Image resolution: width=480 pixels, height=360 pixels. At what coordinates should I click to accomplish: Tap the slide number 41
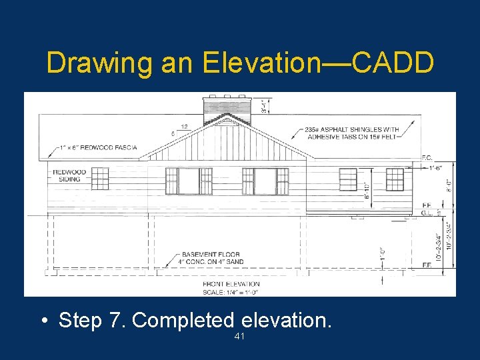(x=240, y=337)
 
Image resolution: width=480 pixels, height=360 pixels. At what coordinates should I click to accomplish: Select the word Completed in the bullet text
(x=184, y=320)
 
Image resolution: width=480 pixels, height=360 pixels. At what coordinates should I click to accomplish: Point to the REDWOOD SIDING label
(x=70, y=175)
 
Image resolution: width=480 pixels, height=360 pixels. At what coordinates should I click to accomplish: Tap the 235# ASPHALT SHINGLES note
(x=352, y=133)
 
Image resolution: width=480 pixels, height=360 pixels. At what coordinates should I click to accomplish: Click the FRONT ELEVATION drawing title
(x=231, y=285)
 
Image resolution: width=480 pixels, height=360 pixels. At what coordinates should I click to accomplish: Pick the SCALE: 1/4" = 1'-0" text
(x=231, y=291)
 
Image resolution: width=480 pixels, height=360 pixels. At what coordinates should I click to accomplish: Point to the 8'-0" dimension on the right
(x=448, y=182)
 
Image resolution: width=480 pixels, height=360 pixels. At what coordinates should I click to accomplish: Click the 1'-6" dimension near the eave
(x=435, y=169)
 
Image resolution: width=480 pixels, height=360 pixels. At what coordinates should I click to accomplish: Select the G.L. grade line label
(x=426, y=213)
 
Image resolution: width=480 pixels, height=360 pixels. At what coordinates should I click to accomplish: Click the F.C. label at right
(x=427, y=158)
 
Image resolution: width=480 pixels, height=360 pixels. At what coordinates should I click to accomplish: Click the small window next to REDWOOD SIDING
(x=99, y=178)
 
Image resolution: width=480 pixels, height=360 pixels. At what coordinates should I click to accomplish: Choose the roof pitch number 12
(x=183, y=125)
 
